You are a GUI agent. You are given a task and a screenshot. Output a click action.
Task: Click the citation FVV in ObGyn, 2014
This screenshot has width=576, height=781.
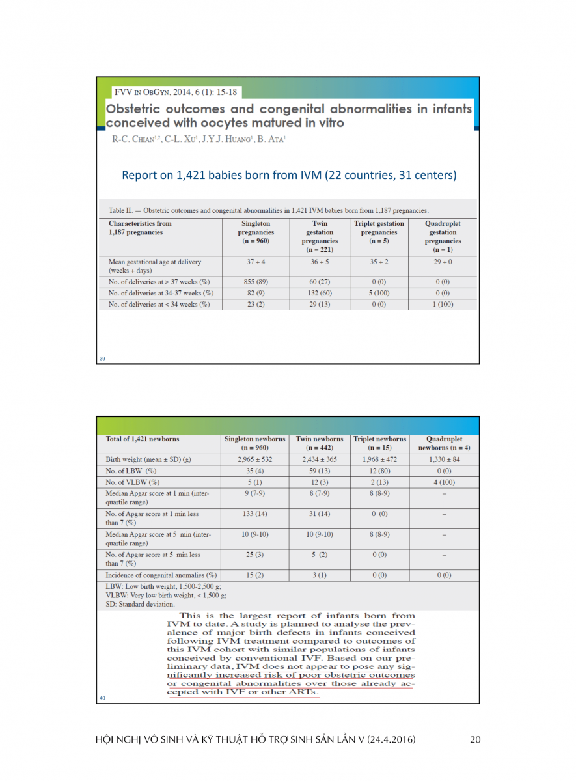coord(174,91)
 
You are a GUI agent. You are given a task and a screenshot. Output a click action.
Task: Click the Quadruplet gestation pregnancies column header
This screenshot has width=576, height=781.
coord(443,236)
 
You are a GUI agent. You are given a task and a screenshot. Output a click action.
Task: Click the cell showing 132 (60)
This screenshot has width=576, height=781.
coord(320,294)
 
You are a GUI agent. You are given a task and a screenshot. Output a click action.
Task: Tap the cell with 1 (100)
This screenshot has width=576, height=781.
coord(443,305)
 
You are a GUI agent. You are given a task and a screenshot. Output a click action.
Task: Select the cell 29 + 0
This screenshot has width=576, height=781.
coord(443,262)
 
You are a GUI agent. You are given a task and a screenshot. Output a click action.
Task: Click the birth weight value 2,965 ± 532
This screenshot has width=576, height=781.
coord(255,459)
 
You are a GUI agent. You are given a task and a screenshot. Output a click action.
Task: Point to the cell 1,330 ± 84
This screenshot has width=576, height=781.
coord(444,459)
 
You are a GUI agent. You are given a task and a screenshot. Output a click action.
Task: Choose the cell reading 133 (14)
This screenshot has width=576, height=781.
coord(255,514)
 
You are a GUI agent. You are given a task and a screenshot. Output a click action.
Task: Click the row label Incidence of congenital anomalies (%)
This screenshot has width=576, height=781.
coord(161,575)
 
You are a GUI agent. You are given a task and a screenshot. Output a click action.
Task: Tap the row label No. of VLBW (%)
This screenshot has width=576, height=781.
coord(133,482)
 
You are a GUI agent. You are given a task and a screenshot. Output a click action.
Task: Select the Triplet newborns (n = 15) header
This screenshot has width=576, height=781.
coord(379,443)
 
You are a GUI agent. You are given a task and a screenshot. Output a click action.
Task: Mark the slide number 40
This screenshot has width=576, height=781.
coord(103,698)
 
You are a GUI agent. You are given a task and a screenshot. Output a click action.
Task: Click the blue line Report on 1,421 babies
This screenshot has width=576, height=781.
coord(289,175)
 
